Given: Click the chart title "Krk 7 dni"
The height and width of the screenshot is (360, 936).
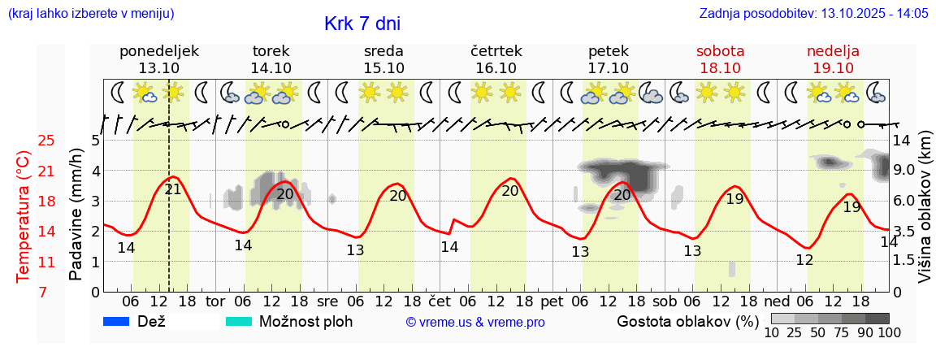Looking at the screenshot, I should [362, 24].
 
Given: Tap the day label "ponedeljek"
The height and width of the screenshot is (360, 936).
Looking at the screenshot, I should [159, 51].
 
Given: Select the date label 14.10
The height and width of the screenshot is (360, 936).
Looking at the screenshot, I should [271, 68].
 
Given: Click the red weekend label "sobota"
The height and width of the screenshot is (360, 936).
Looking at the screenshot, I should [720, 51].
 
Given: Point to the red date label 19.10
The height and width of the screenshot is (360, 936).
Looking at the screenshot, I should [833, 68].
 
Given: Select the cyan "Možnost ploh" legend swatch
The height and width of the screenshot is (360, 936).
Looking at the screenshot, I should [239, 321].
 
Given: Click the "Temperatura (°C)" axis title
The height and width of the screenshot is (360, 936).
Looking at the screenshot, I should [24, 217].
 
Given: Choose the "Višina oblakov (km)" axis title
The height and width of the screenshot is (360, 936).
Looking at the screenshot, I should [924, 218].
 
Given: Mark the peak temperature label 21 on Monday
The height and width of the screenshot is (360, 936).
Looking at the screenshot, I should [173, 190].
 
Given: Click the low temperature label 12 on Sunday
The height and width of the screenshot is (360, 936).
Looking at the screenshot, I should [804, 260].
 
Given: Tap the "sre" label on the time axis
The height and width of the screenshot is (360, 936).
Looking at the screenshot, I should [327, 300].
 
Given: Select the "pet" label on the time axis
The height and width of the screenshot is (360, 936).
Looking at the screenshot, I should [552, 300].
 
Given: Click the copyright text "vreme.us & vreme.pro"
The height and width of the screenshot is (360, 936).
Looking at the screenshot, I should [475, 323].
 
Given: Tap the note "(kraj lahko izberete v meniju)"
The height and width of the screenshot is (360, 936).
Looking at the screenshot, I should [90, 14].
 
